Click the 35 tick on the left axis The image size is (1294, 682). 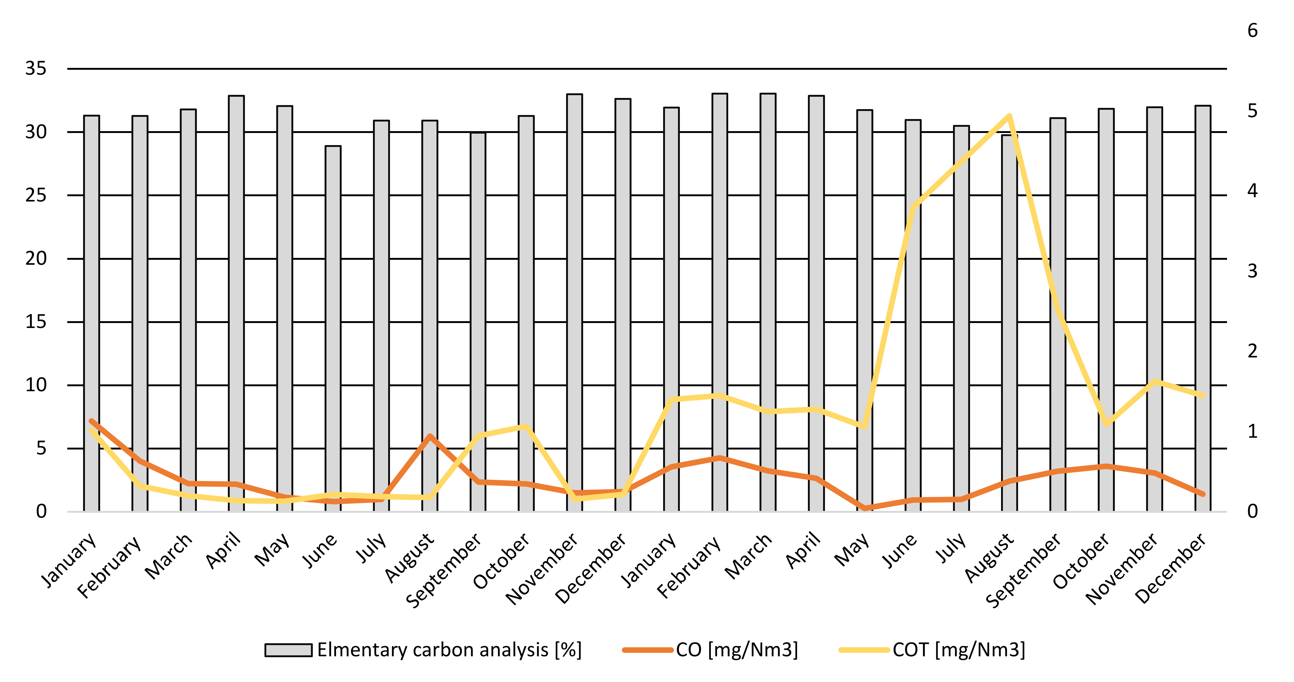(x=36, y=69)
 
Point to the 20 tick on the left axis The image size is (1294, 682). (x=36, y=259)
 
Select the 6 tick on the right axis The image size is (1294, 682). (x=1252, y=31)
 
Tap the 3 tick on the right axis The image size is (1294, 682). (x=1252, y=271)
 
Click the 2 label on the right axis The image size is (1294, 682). (x=1252, y=351)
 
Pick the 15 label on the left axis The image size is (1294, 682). (x=36, y=322)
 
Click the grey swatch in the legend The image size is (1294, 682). (x=288, y=650)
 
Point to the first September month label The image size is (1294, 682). (x=444, y=570)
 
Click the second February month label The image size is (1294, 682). (x=689, y=566)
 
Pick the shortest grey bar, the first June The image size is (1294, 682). (x=333, y=329)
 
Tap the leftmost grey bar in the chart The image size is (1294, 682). (x=91, y=314)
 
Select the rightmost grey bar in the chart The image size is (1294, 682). (x=1203, y=309)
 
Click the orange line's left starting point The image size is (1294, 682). (x=91, y=421)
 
